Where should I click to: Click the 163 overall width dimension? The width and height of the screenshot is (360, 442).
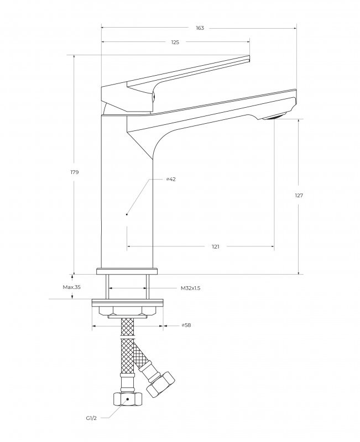[x=200, y=28]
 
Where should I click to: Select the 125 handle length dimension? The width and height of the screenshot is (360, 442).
[x=175, y=43]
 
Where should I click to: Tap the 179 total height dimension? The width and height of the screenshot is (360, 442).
[x=75, y=172]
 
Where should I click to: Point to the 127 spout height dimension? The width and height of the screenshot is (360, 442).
[x=299, y=196]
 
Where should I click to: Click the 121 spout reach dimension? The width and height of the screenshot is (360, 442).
[x=216, y=247]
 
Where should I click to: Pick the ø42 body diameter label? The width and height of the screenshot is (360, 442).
[x=171, y=180]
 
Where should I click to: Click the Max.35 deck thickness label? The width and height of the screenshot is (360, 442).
[x=72, y=287]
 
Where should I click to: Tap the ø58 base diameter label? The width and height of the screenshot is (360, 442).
[x=186, y=325]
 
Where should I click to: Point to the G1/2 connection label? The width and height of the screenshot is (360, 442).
[x=92, y=418]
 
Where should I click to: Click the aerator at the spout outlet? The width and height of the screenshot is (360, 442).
[x=273, y=117]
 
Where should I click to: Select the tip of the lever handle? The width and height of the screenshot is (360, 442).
[x=249, y=59]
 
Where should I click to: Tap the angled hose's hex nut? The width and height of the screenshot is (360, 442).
[x=160, y=383]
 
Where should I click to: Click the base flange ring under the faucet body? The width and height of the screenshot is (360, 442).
[x=127, y=271]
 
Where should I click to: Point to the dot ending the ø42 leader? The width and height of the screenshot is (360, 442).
[x=127, y=213]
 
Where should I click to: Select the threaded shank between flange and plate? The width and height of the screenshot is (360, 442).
[x=127, y=287]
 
